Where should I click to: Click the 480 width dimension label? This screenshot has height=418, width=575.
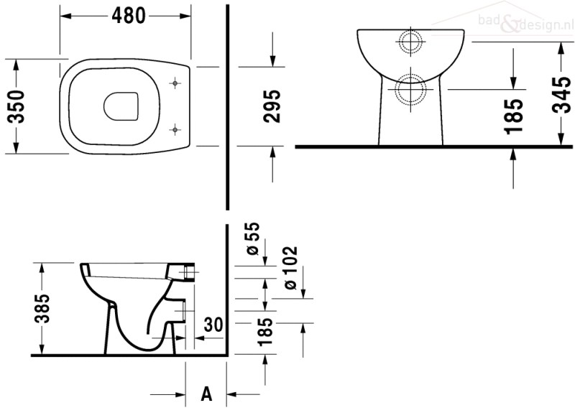129,16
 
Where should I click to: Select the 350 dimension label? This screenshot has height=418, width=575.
17,106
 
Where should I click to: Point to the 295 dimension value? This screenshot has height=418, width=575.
272,106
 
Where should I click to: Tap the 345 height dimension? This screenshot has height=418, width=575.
561,95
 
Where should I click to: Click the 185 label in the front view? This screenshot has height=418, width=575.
513,116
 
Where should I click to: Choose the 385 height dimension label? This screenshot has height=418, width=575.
42,308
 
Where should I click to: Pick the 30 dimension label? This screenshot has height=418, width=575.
213,325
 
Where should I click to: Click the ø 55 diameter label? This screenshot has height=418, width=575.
253,238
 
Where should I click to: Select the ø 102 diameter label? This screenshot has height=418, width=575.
290,268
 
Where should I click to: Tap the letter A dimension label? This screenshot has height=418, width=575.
207,394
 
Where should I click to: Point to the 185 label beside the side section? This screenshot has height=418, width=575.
265,333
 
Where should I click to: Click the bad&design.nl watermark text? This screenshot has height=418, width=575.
526,23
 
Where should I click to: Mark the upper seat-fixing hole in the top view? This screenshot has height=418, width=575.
175,83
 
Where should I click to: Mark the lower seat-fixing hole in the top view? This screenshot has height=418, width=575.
175,130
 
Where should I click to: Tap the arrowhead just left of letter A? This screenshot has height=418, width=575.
180,394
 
